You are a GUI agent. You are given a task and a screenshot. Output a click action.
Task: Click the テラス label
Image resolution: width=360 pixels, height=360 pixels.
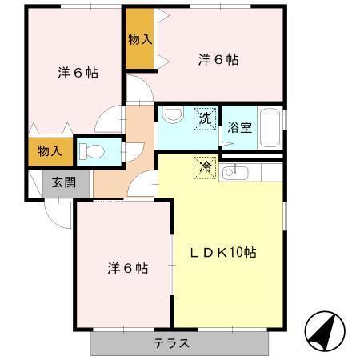tap(171, 344)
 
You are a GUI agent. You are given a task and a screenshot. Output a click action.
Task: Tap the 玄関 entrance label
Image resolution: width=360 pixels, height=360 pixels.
tap(65, 182)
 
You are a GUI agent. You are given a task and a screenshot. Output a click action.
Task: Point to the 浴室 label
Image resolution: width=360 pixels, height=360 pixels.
tap(239, 126)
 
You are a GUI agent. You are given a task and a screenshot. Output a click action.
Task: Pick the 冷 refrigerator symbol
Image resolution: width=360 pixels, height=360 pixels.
tap(205, 167)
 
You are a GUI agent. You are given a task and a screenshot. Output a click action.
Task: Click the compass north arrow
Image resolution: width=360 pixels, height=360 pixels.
tap(325, 328)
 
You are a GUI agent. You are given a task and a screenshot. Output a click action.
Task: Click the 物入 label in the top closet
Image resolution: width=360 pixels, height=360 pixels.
tap(140, 40)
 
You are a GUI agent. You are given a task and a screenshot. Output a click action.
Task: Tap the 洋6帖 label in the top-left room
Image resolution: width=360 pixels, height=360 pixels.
tap(78, 73)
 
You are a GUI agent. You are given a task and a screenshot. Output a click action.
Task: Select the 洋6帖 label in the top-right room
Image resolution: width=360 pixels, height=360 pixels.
tap(218, 59)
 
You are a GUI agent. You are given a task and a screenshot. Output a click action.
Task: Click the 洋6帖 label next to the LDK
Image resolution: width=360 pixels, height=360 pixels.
tap(127, 269)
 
